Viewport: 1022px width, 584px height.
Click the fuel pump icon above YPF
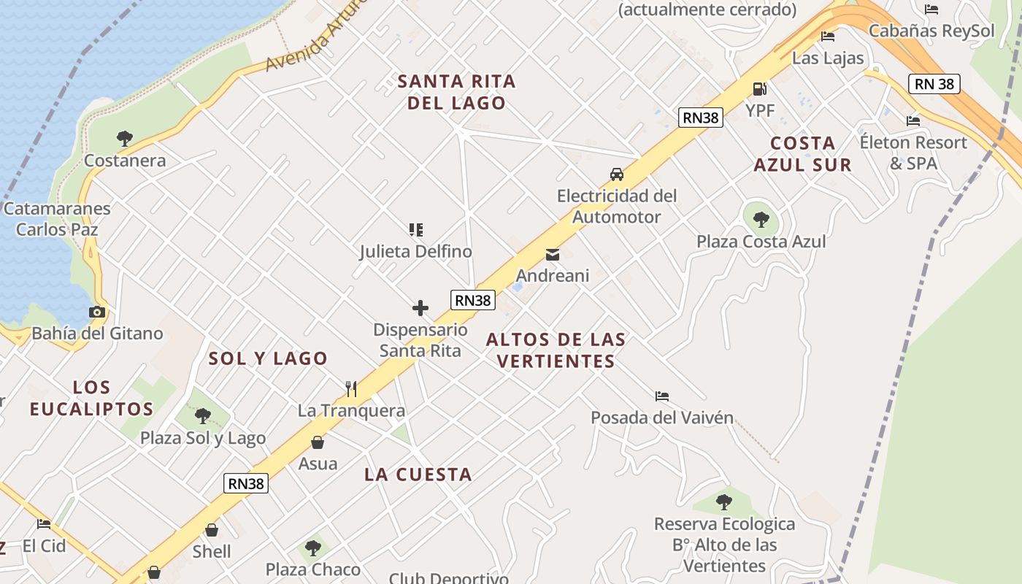tap(760, 89)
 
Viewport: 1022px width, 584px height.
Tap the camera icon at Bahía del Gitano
tap(97, 312)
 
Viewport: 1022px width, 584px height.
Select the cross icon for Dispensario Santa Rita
tap(420, 308)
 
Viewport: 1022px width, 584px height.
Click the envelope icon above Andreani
tap(553, 255)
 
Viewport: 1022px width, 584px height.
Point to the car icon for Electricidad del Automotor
tap(617, 174)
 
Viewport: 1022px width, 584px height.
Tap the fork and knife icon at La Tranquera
tap(351, 388)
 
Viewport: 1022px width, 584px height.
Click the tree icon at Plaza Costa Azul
tap(761, 219)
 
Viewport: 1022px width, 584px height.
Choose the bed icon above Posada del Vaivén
tap(662, 396)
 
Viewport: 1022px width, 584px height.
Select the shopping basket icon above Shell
tap(212, 530)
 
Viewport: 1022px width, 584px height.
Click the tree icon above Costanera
tap(125, 138)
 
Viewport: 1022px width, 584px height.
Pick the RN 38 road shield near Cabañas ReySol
tap(934, 84)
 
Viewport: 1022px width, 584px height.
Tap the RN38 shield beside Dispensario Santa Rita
tap(473, 300)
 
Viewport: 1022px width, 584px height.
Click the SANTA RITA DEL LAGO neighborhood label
tap(457, 92)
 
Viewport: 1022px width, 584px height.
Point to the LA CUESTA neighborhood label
tap(418, 474)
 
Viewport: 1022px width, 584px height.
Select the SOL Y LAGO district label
tap(269, 358)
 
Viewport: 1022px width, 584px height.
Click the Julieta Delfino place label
tap(416, 251)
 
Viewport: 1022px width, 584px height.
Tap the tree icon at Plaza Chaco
tap(313, 547)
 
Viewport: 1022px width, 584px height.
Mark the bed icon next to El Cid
tap(44, 523)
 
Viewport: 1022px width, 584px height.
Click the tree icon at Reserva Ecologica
tap(724, 502)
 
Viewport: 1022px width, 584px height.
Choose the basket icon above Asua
tap(318, 442)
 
